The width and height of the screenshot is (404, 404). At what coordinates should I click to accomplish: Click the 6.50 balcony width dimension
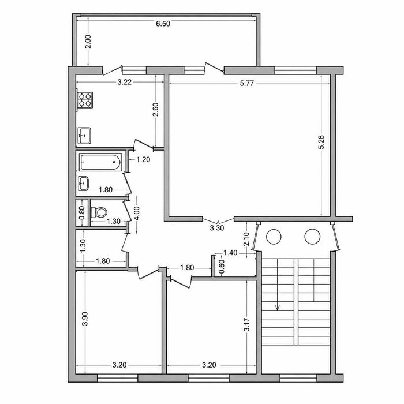[x=163, y=24]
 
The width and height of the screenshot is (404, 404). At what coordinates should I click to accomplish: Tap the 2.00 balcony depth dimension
[x=88, y=42]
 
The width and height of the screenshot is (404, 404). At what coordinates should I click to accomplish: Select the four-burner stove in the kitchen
[x=85, y=100]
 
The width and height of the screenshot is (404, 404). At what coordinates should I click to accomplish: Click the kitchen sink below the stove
[x=84, y=136]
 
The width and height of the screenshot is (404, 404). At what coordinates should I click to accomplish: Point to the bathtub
[x=100, y=162]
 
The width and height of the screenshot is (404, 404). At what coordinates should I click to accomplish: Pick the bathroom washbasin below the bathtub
[x=83, y=183]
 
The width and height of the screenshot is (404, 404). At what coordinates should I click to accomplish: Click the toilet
[x=99, y=212]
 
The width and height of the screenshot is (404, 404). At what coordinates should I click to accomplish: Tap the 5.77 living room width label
[x=247, y=83]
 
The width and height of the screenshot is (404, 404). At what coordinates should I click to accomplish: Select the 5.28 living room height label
[x=321, y=142]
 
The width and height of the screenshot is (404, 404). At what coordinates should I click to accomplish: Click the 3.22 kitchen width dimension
[x=125, y=82]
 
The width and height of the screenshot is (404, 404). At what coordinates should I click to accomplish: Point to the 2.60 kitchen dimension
[x=156, y=110]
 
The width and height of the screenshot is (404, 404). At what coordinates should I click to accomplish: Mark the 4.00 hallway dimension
[x=137, y=213]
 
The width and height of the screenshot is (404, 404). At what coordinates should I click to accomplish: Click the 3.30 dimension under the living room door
[x=217, y=228]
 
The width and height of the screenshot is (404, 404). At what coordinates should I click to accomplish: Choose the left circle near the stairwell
[x=274, y=237]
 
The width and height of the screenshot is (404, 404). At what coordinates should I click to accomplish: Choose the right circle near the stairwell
[x=312, y=237]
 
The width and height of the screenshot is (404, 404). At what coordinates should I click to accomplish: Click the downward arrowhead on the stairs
[x=278, y=308]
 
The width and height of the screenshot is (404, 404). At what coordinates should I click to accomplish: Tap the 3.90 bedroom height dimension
[x=85, y=319]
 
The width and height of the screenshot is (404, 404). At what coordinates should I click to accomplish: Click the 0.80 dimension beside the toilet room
[x=82, y=213]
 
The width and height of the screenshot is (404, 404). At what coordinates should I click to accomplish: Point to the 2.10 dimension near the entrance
[x=246, y=239]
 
